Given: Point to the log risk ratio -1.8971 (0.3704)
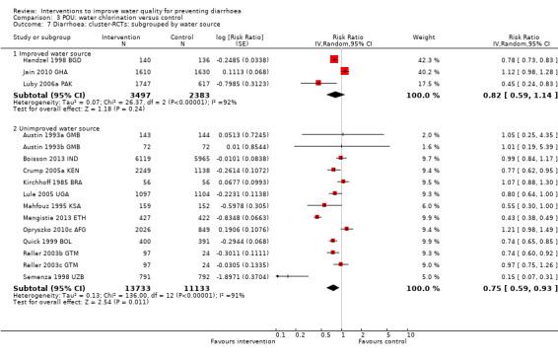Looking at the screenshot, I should click(244, 277).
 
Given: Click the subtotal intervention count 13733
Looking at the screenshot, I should click(136, 288).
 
